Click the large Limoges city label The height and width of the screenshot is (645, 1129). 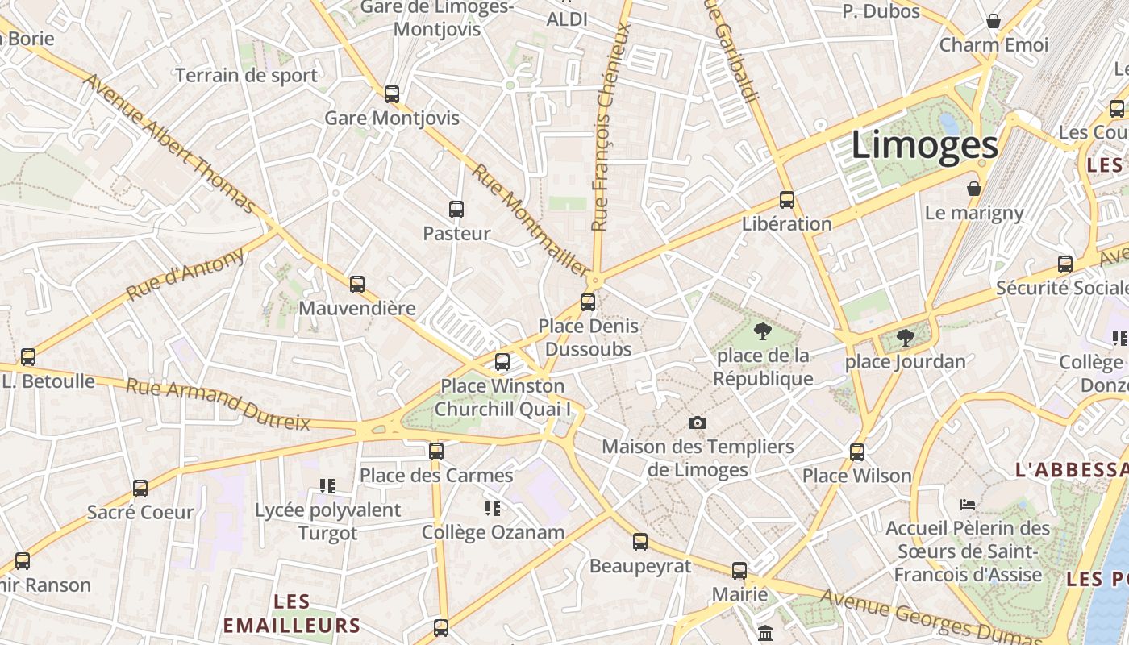click(x=925, y=146)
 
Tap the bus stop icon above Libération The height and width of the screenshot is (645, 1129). click(x=787, y=199)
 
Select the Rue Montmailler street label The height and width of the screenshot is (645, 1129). click(x=529, y=220)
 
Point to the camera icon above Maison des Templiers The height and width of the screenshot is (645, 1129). click(x=698, y=422)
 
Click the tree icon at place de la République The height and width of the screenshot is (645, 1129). click(x=762, y=331)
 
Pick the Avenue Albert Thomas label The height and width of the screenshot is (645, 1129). click(x=170, y=143)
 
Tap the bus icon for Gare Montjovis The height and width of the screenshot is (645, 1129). click(x=392, y=94)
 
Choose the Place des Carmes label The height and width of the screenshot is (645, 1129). click(x=436, y=475)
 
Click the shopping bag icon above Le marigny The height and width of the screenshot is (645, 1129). click(x=974, y=189)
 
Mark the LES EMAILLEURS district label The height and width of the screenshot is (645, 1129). click(x=292, y=614)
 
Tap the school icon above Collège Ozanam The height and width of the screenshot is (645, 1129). click(x=493, y=508)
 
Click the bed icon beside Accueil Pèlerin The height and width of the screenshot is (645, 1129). click(x=969, y=505)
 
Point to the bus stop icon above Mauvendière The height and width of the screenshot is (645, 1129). click(x=357, y=284)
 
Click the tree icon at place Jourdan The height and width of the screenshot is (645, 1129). click(x=905, y=338)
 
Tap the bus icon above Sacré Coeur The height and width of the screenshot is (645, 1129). click(x=140, y=488)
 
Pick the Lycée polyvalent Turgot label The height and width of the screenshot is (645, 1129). click(x=327, y=521)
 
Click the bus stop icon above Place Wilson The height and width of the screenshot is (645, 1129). click(x=857, y=452)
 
